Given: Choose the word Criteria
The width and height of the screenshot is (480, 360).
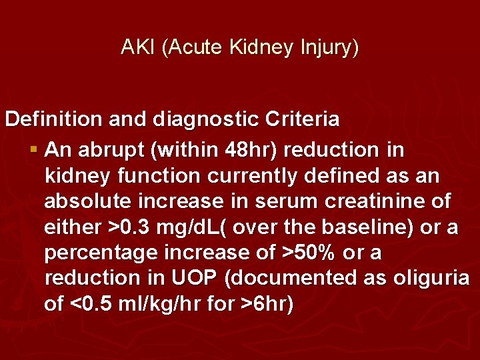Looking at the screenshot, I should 304,119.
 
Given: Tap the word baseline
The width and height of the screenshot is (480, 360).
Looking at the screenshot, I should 361,227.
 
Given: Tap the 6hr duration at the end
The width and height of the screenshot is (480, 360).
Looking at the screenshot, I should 271,305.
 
